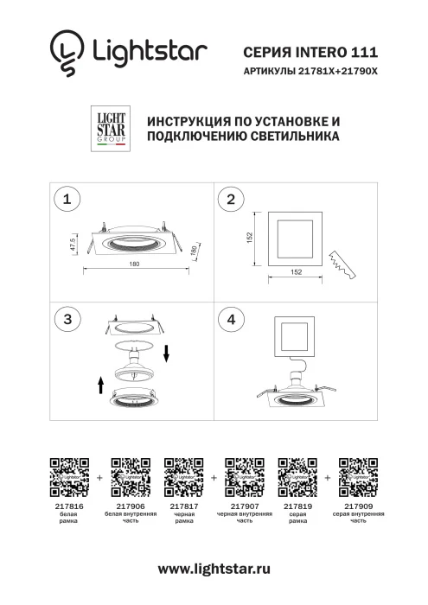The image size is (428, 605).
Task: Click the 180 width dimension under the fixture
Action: click(x=135, y=264)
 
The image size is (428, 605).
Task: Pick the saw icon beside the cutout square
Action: click(x=344, y=264)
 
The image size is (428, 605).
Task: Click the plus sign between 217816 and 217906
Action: click(x=100, y=476)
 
